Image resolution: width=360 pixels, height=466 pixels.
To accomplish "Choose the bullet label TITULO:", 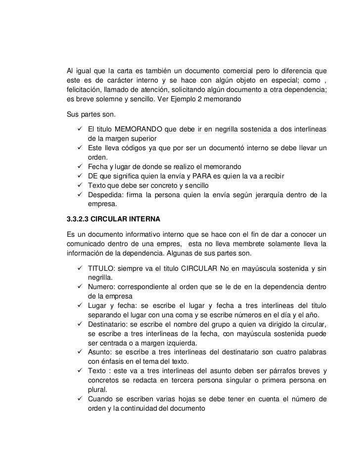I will coord(101,269).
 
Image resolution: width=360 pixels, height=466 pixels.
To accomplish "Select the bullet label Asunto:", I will coord(101,353).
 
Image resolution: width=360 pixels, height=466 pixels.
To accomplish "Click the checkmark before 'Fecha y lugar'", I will coord(80,167).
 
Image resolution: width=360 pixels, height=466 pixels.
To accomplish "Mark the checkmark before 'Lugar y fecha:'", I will coord(80,306).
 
